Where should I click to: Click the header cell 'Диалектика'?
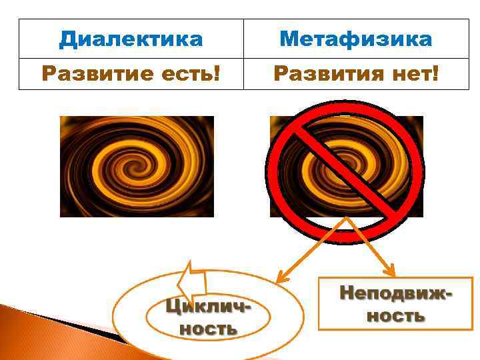click(131, 39)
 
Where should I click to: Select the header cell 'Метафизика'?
click(355, 39)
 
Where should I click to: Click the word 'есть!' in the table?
click(193, 73)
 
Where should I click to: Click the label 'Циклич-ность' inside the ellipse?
click(207, 317)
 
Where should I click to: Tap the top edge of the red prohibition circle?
click(345, 102)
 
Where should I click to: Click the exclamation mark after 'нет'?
click(435, 73)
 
